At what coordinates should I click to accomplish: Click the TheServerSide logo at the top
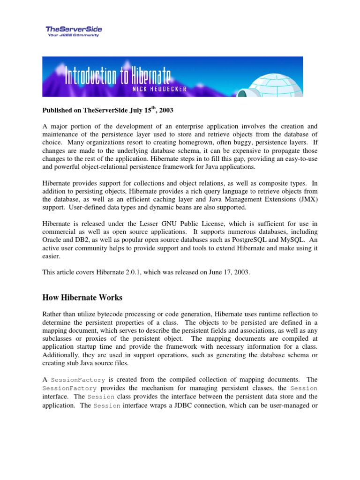74,29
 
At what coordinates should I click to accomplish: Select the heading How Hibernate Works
82,297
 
